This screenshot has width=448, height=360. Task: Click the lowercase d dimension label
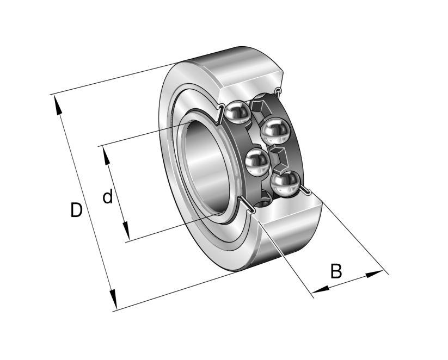tap(108, 196)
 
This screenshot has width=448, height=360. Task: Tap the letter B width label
tap(336, 270)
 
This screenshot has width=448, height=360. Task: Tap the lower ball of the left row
tap(257, 162)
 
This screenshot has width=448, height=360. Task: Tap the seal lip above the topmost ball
tap(221, 112)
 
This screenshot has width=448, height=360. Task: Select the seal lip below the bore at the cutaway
tap(247, 206)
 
